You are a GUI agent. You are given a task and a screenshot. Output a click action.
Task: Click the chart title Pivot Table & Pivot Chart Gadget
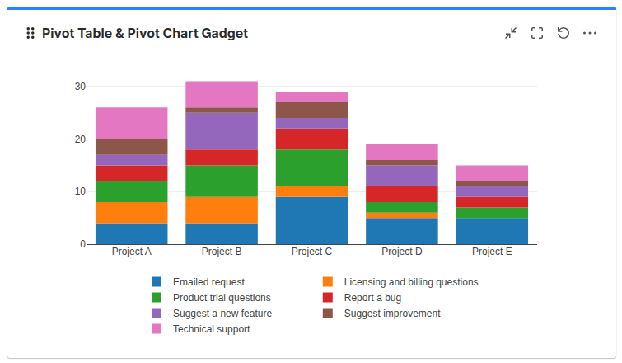[x=144, y=33]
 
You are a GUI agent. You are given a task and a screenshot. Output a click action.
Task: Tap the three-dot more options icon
[x=590, y=33]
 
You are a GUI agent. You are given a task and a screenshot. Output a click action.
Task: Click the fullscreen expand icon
[x=537, y=33]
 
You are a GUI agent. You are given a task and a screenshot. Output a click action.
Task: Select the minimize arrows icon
[x=511, y=33]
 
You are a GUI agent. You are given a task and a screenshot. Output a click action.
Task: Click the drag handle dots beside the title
[x=30, y=33]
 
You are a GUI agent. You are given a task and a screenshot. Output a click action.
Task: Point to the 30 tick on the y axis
[x=80, y=87]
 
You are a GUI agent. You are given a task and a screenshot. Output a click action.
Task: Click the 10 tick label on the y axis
[x=80, y=191]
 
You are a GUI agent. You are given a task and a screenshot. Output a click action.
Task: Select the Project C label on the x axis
[x=311, y=252]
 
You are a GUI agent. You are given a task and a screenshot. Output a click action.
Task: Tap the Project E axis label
[x=492, y=252]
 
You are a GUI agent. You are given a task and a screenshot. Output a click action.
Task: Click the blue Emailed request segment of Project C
[x=311, y=220]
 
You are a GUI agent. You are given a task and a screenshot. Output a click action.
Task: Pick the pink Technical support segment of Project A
[x=131, y=123]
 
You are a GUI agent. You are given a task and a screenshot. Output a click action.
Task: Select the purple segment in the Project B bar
[x=222, y=131]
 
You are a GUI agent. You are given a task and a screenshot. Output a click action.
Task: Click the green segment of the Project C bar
[x=311, y=167]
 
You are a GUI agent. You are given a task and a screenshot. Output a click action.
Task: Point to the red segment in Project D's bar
[x=401, y=194]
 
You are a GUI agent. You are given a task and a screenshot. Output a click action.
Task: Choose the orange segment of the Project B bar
[x=222, y=210]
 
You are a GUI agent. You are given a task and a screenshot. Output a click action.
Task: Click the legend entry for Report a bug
[x=372, y=298]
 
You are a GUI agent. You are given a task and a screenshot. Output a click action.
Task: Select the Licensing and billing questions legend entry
[x=410, y=282]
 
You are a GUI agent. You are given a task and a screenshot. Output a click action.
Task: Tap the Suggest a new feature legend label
[x=222, y=313]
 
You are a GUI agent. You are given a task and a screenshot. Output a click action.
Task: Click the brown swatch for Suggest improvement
[x=328, y=313]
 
